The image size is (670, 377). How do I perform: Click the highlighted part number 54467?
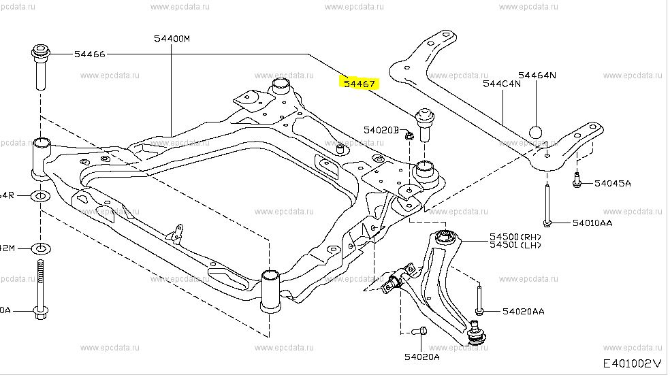360,84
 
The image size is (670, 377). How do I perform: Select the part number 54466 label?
89,54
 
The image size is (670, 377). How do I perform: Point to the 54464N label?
537,75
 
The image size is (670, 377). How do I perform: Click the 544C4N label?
502,84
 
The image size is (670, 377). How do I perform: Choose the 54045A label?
612,183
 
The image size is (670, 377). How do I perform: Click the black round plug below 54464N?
535,132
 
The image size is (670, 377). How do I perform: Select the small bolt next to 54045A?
576,182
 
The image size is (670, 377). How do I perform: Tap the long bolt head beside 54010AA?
547,222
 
